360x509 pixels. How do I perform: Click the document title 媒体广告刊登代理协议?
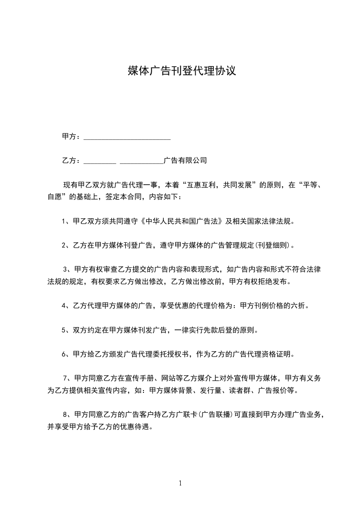pyautogui.click(x=182, y=71)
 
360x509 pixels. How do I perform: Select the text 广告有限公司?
pyautogui.click(x=185, y=160)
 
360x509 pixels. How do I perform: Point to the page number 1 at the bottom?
pyautogui.click(x=180, y=483)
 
